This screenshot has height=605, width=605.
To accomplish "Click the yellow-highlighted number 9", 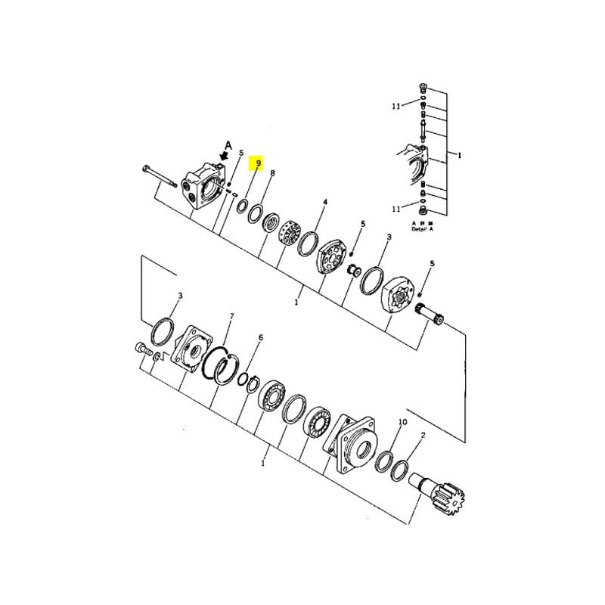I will (x=258, y=163).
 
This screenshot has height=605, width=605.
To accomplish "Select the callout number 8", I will (x=272, y=173).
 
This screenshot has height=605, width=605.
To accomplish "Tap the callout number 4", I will (x=325, y=203).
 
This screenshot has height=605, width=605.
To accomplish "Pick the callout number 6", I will (x=261, y=337).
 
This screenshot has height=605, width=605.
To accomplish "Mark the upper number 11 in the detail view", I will (x=396, y=107).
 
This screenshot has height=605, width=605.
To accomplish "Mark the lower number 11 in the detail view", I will (x=396, y=208).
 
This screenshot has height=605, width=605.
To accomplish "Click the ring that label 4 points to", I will (x=309, y=244).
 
